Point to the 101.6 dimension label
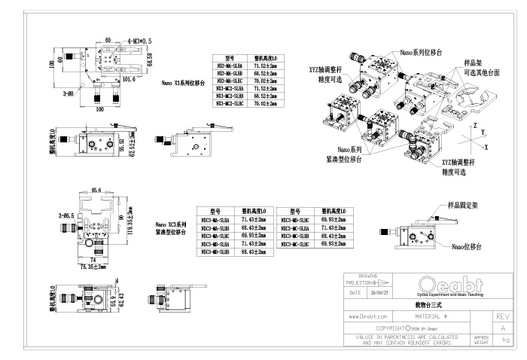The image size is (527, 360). coord(129,78)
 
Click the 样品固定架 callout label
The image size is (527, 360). coord(465,204)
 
